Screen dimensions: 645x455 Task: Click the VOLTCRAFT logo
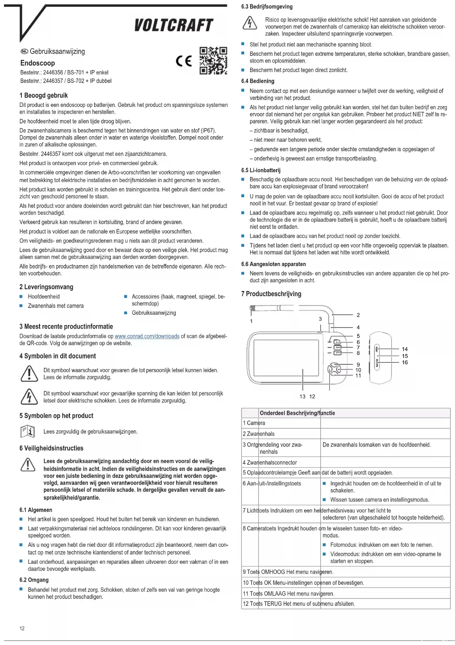coord(174,25)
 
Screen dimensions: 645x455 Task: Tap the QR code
coord(213,61)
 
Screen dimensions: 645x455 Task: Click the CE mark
coord(184,61)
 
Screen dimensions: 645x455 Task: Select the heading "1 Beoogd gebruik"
coord(44,95)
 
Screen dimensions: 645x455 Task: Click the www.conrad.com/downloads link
coord(147,336)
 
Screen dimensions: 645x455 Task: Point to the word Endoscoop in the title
coord(38,63)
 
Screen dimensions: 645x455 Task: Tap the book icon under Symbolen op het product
coord(28,431)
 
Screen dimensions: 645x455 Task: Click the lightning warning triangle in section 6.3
coord(250,23)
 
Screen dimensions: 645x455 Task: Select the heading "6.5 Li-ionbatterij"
coord(261,170)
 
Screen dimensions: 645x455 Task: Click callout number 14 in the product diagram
coord(405,349)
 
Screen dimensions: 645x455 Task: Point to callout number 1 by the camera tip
coord(251,321)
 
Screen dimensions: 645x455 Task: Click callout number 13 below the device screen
coord(302,396)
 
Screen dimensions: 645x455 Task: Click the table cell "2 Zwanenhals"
coord(259,434)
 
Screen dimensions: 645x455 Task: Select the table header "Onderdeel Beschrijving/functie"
coord(297,413)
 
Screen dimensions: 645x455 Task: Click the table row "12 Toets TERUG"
coord(299,604)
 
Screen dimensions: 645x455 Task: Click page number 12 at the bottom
coord(22,628)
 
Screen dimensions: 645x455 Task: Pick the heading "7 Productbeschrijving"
coord(271,294)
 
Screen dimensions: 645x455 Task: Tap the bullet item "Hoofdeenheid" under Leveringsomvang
coord(44,297)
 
